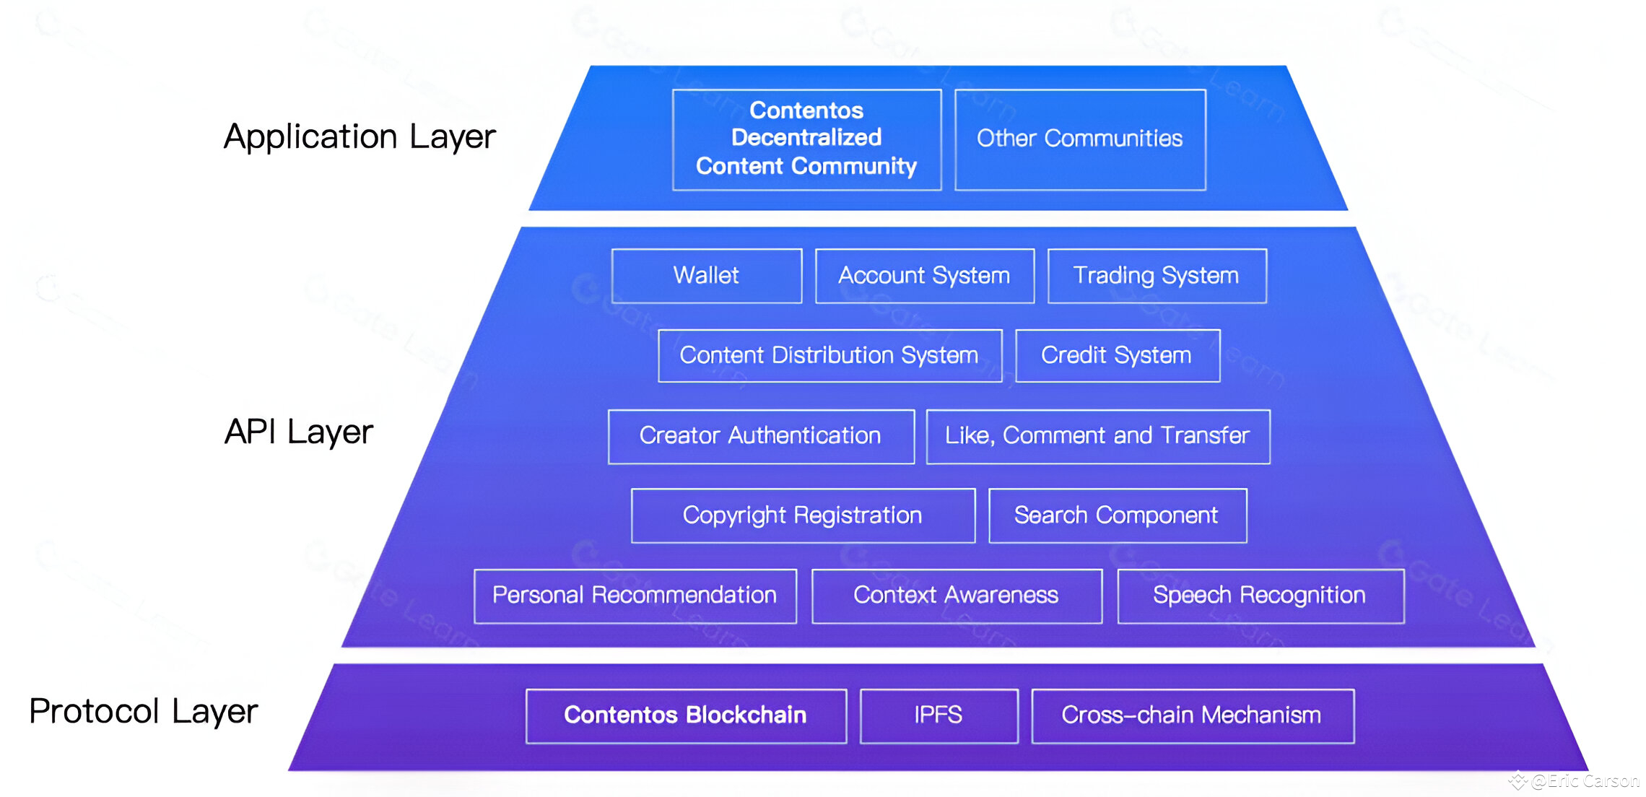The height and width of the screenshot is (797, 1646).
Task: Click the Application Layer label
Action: tap(360, 137)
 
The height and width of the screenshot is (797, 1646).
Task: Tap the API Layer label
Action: tap(299, 432)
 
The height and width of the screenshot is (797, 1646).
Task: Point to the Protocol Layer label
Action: tap(144, 711)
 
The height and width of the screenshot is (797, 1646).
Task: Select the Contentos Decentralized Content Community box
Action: tap(806, 139)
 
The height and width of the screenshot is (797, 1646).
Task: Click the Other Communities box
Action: tap(1080, 139)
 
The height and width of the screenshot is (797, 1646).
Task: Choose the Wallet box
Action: tap(706, 276)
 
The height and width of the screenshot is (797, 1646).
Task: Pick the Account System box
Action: tap(924, 276)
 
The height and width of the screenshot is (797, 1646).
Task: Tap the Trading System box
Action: tap(1157, 276)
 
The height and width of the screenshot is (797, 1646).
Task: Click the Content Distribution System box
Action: tap(829, 355)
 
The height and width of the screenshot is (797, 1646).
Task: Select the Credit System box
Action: tap(1117, 355)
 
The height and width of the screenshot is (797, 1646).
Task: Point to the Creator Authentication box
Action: tap(761, 436)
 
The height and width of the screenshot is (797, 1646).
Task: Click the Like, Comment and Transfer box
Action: tap(1097, 436)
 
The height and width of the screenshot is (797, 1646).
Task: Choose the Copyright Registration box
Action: tap(803, 515)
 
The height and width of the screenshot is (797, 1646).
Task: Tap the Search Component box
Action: tap(1117, 515)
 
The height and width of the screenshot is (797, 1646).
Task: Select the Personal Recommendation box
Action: tap(635, 596)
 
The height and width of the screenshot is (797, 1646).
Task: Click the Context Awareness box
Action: tap(957, 596)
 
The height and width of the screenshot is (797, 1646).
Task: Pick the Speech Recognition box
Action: tap(1260, 596)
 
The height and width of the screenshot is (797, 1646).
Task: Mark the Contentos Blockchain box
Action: tap(685, 715)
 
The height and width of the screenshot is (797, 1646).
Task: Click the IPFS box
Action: tap(939, 715)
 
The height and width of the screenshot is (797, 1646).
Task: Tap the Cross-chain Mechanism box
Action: tap(1192, 715)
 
